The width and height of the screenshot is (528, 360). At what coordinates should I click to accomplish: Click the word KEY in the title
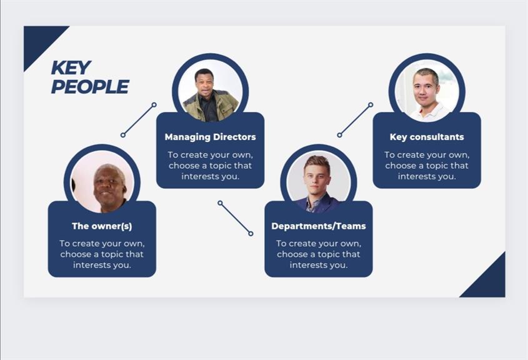(71, 67)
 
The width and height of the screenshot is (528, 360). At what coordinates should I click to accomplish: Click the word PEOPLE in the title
(90, 86)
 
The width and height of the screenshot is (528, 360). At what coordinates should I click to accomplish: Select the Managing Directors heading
(210, 137)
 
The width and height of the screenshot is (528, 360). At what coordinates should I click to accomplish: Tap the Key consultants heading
(427, 137)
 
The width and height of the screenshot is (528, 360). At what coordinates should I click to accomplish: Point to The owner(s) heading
(102, 226)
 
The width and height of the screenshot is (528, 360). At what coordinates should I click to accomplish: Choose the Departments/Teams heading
(319, 226)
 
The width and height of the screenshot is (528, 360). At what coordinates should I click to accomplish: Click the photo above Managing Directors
(211, 91)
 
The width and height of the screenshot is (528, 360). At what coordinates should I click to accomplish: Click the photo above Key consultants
(427, 91)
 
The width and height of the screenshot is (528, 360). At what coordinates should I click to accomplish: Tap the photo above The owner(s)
(102, 181)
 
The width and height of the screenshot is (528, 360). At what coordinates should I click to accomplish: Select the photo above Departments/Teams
(319, 181)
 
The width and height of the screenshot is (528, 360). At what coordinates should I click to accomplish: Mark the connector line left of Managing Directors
(138, 120)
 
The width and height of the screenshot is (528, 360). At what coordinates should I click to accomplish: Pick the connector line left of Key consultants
(355, 120)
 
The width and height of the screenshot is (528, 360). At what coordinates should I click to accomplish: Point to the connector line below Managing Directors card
(236, 218)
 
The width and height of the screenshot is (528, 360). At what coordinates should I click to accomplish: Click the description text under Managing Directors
(210, 166)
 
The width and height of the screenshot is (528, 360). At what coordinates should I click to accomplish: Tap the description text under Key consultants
(427, 166)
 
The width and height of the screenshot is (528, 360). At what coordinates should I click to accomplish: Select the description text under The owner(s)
(102, 254)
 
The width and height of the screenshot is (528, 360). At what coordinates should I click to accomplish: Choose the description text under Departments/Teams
(319, 254)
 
